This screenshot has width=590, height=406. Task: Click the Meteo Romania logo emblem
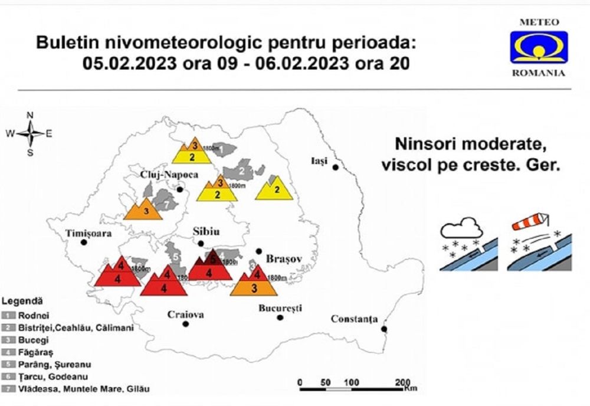tap(539, 47)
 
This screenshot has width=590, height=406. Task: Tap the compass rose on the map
tap(30, 133)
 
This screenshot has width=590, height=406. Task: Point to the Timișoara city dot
tap(84, 243)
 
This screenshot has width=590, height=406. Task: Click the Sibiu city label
tap(201, 232)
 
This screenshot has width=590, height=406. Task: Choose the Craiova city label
tap(185, 315)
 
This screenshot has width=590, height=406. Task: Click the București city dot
tap(280, 317)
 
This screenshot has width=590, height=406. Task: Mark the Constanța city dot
tap(384, 329)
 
